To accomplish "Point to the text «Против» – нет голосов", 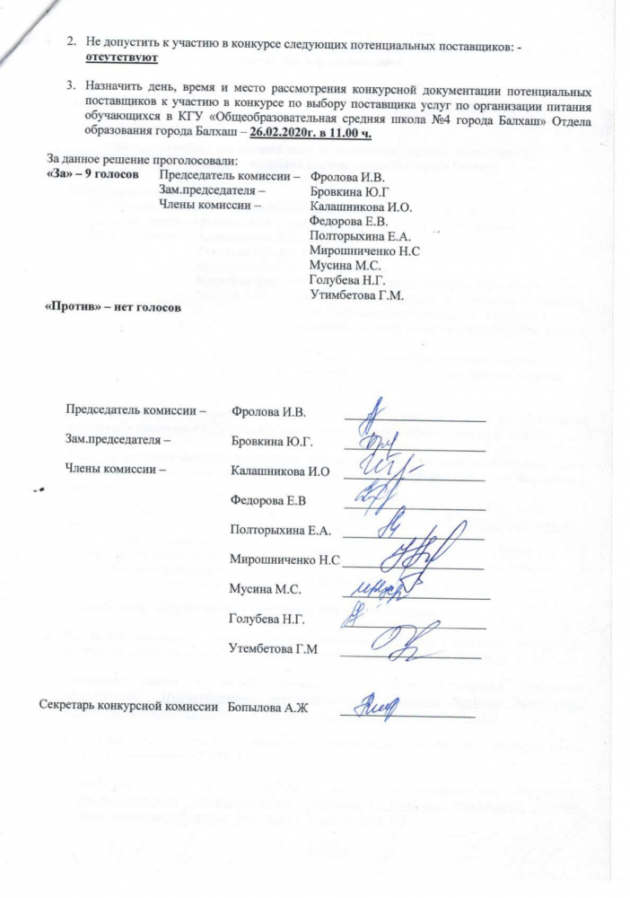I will click(x=113, y=307).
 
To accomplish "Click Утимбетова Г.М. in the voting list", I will click(x=356, y=294).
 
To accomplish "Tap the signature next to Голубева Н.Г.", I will click(x=358, y=616).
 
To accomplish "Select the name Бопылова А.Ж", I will click(x=267, y=709).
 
